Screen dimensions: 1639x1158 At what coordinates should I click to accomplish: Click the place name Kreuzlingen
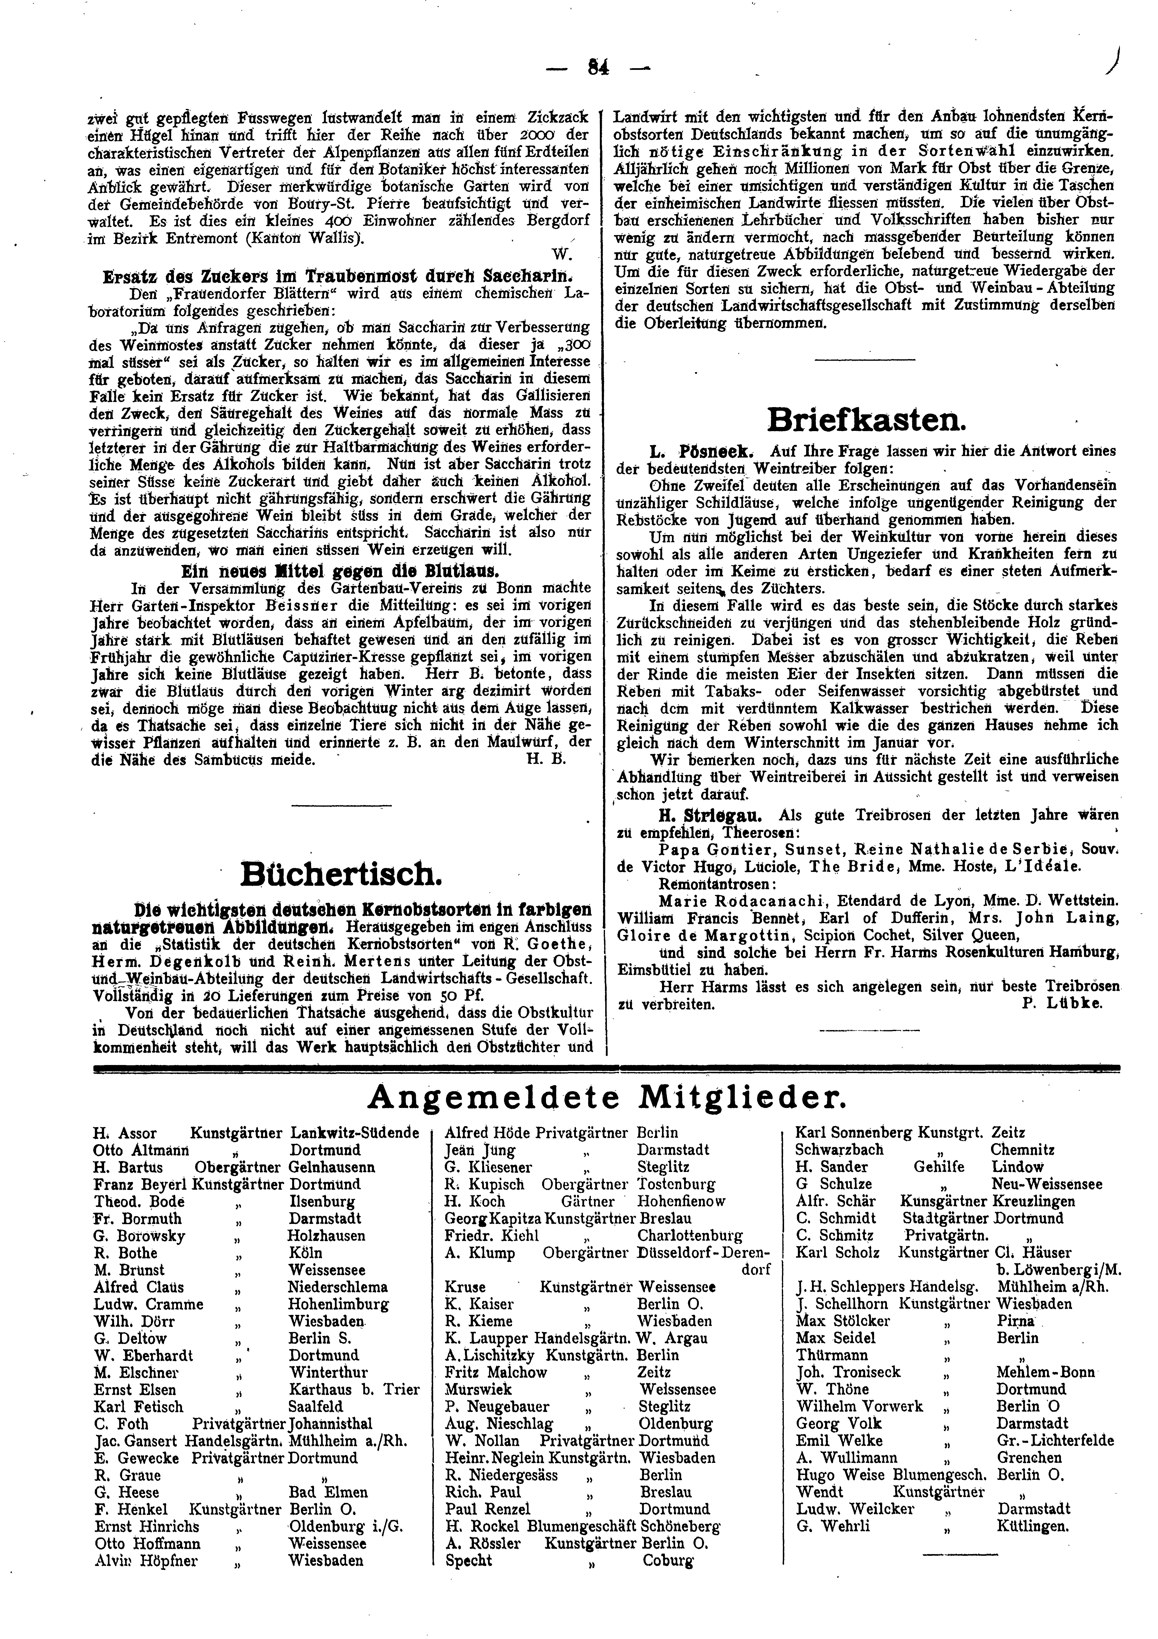click(1032, 1201)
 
